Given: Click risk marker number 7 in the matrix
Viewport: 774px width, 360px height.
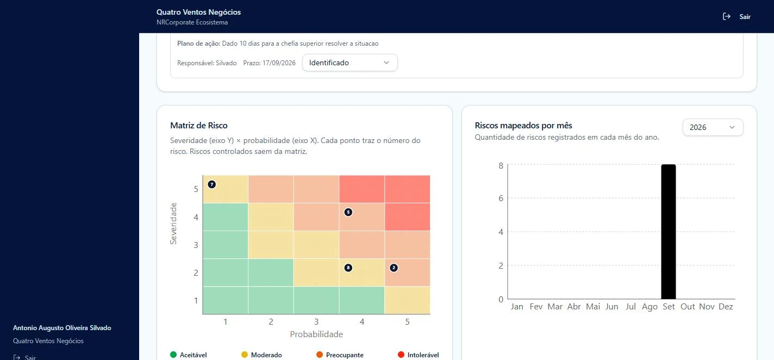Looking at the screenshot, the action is tap(212, 184).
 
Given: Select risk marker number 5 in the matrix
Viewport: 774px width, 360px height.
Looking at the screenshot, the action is tap(348, 212).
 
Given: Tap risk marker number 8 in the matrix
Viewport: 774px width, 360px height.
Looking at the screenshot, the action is tap(348, 268).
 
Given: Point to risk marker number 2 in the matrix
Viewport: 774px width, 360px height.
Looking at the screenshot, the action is tap(394, 268).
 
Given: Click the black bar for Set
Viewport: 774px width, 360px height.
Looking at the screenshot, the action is tap(668, 232).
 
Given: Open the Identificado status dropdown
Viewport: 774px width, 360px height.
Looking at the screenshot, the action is tap(349, 63).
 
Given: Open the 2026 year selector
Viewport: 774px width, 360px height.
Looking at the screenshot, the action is tap(713, 127).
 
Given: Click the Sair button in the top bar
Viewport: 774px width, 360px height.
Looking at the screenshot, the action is tap(736, 17).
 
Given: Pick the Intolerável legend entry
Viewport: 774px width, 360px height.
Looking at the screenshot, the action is tap(419, 355).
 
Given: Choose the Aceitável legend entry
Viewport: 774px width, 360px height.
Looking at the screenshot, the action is tap(189, 355).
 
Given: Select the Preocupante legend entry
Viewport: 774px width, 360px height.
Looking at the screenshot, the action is tap(340, 355).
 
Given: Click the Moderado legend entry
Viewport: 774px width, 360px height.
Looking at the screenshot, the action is tap(261, 355).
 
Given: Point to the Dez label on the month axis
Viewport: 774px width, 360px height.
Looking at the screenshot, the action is tap(726, 306).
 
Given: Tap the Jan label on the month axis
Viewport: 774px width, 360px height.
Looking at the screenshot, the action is tap(517, 306).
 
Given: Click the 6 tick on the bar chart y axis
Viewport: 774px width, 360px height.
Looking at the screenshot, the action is tap(501, 198).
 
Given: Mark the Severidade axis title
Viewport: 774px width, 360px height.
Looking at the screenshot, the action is tap(173, 224).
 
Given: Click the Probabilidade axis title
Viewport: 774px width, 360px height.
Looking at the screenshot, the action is tap(316, 334).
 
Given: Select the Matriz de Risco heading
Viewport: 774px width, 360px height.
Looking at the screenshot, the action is tap(199, 125).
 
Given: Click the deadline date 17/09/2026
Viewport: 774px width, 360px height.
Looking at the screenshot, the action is tap(279, 63).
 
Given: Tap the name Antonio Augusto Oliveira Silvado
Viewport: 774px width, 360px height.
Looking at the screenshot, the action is tap(62, 328).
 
